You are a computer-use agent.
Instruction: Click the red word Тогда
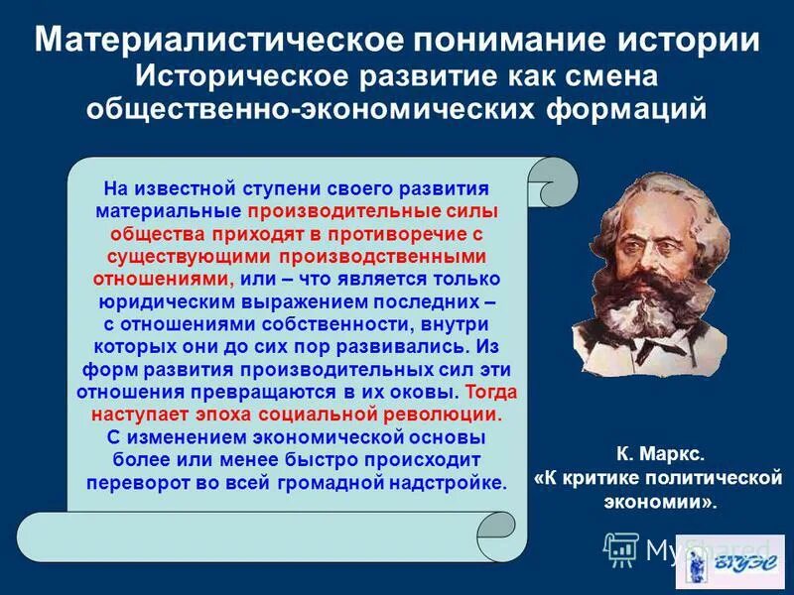[491, 391]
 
